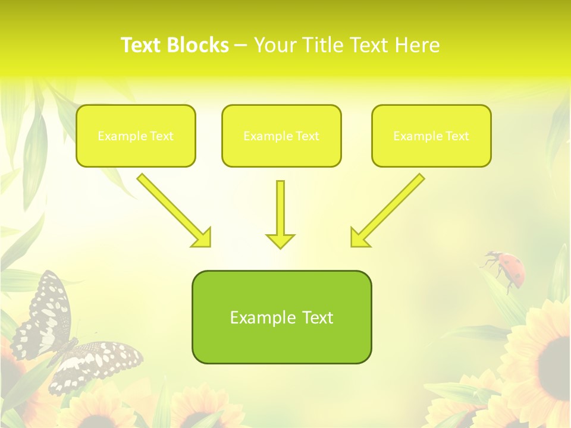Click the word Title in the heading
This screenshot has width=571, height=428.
[325, 45]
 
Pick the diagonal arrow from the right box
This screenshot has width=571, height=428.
[388, 210]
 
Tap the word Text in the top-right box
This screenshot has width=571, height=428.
[457, 136]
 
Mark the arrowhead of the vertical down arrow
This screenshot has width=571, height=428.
[280, 241]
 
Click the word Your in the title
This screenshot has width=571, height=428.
[275, 45]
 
